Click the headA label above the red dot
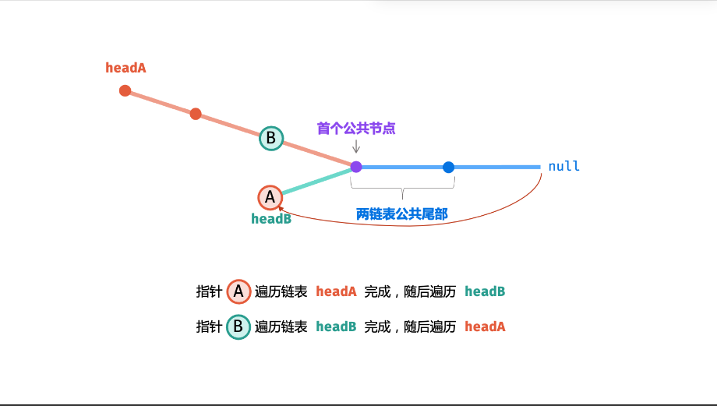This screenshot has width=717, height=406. click(125, 68)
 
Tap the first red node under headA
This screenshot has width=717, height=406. click(125, 90)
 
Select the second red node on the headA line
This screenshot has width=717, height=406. click(196, 114)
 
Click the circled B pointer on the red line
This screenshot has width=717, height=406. click(270, 138)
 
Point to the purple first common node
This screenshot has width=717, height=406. click(356, 167)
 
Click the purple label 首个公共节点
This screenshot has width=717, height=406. click(355, 129)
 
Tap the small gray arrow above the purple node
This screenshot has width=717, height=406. click(356, 146)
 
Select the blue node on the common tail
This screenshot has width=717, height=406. click(448, 167)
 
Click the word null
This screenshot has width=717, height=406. click(563, 167)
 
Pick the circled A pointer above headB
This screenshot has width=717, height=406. click(270, 197)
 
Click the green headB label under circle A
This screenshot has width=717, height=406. click(271, 219)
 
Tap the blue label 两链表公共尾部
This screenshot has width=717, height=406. click(401, 214)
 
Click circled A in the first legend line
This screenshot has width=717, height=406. click(238, 291)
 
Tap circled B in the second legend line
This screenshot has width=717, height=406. click(238, 327)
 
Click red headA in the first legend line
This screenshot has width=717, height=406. click(336, 291)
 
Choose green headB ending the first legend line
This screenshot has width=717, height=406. click(485, 291)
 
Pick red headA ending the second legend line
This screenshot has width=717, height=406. click(485, 327)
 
